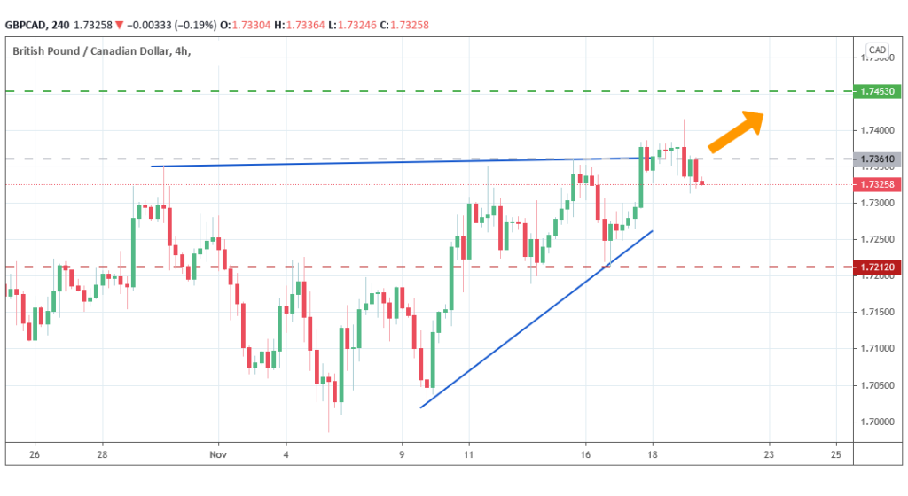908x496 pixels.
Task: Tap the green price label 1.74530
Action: tap(875, 91)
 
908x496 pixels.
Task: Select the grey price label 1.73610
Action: tap(875, 159)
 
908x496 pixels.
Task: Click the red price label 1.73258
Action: tap(875, 184)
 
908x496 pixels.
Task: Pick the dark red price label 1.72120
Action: tap(875, 267)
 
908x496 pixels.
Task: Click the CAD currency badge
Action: tap(877, 50)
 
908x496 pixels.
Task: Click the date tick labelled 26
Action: tap(35, 453)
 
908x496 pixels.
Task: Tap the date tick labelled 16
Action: tap(585, 453)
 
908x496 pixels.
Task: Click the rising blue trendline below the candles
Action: tap(536, 319)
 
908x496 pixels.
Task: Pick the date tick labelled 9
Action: tap(402, 453)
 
